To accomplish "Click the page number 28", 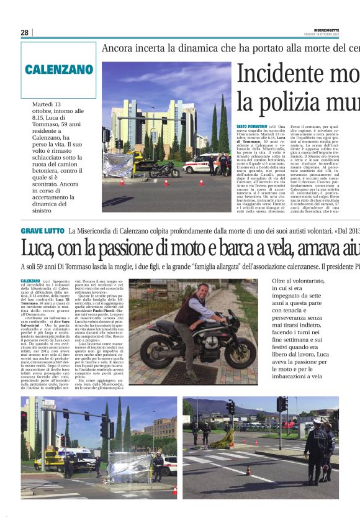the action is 24,32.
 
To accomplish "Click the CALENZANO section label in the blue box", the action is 59,70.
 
